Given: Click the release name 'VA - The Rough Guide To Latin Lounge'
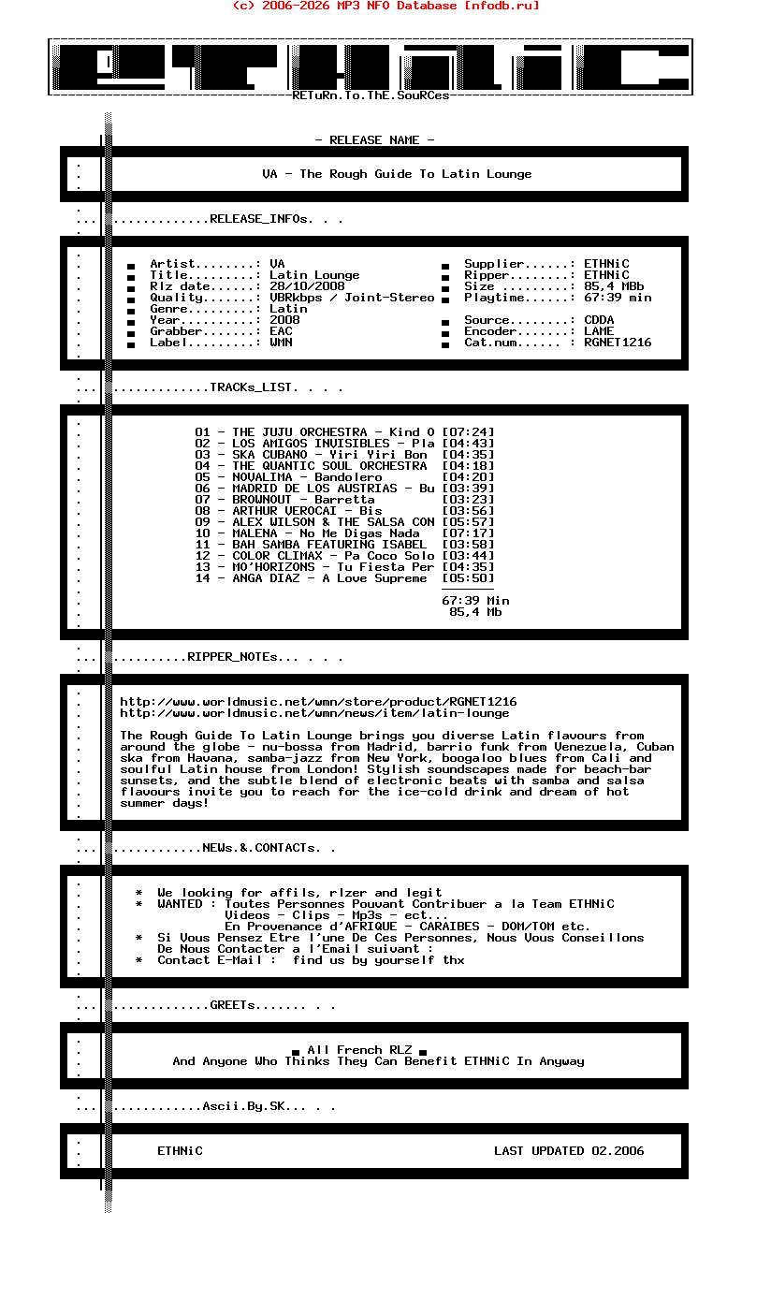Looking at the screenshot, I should click(397, 174).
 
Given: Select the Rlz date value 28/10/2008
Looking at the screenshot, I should click(307, 286).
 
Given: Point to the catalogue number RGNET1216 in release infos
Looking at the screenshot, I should click(618, 343).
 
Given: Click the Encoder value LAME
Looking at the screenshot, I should click(599, 331).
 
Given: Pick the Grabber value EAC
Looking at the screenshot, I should click(281, 331).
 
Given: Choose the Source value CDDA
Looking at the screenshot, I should click(599, 320).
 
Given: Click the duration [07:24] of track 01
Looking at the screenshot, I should click(468, 432).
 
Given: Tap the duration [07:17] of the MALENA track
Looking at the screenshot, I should click(468, 533).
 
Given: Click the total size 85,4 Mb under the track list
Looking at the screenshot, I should click(475, 612).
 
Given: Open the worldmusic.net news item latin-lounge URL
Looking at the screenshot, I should click(314, 713).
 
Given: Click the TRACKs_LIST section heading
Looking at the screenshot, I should click(255, 387).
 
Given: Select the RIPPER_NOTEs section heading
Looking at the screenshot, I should click(232, 657).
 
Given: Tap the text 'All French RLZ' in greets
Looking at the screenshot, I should click(359, 1050).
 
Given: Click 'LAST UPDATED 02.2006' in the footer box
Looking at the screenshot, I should click(569, 1151).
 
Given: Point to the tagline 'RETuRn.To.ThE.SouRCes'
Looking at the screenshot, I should click(371, 95).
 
